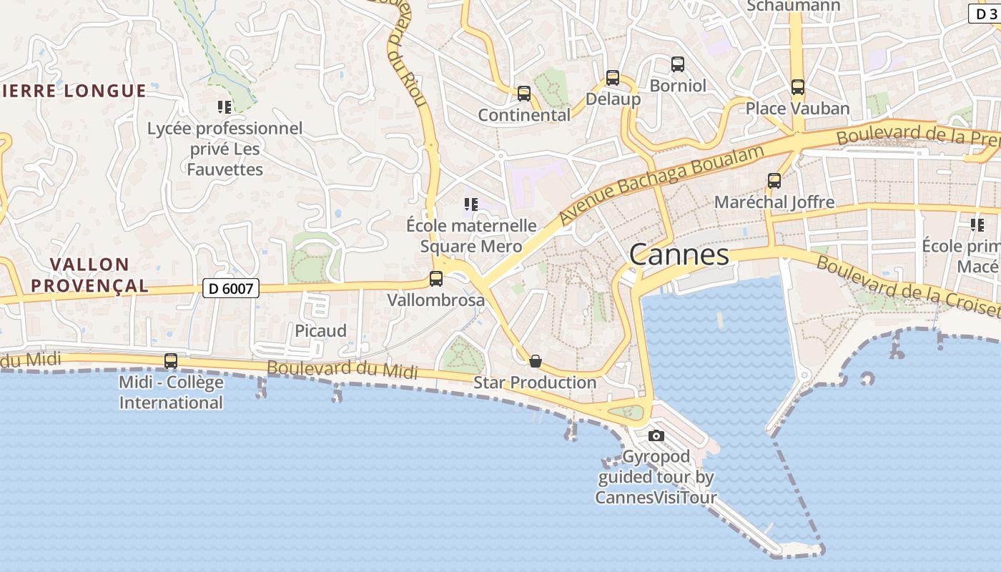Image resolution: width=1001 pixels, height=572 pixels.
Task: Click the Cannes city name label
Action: pos(679,255)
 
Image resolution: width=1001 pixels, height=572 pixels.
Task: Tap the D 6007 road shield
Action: pos(231,288)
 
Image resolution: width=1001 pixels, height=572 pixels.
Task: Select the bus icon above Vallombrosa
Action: pos(436,279)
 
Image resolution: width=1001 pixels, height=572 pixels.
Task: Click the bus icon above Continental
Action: pos(524,94)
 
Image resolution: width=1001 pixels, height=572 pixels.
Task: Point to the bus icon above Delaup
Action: pos(613,78)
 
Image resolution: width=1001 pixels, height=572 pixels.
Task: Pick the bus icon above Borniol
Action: pos(678,64)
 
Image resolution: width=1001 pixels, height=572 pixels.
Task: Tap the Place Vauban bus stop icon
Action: pos(798,87)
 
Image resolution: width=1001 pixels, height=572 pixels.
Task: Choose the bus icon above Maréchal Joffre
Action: pos(774,181)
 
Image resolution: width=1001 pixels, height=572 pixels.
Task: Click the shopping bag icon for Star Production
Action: pos(535,361)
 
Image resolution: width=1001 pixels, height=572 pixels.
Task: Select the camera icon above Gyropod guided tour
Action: pos(656,435)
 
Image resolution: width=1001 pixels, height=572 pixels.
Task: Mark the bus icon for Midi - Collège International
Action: pos(171,361)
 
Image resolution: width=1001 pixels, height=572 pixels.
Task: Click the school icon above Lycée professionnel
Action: pos(225,107)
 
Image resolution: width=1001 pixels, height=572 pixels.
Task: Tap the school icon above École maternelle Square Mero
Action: pos(470,204)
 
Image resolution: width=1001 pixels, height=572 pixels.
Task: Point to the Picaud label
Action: pos(321,331)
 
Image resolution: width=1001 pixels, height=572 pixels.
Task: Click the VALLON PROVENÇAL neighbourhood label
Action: pos(89,275)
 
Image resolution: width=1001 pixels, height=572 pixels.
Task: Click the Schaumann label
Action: pos(784,6)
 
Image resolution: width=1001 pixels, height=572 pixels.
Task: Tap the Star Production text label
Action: pos(535,383)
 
